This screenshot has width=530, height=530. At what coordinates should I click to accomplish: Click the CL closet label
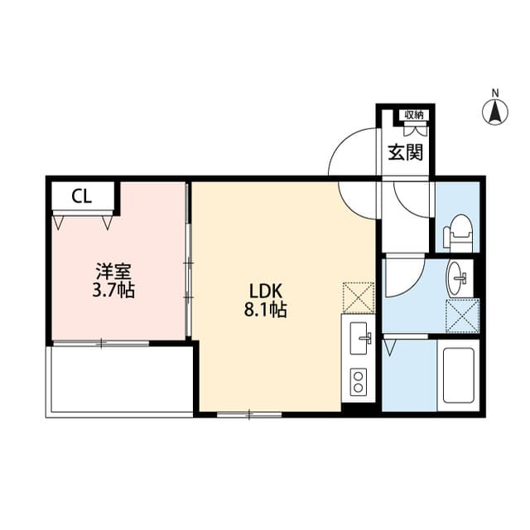click(x=82, y=196)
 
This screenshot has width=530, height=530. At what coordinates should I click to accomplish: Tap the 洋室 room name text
click(x=113, y=272)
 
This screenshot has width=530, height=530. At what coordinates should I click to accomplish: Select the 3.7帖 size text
click(x=113, y=290)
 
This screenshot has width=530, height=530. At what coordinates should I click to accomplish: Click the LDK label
click(x=265, y=291)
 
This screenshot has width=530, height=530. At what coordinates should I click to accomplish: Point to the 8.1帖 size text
click(x=265, y=309)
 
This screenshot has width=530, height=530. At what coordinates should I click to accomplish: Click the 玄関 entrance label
click(x=405, y=152)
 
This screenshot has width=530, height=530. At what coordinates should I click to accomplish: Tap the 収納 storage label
click(x=414, y=115)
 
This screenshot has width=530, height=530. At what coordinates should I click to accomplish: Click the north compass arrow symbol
click(x=495, y=112)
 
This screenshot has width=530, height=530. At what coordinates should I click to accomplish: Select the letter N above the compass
click(x=495, y=93)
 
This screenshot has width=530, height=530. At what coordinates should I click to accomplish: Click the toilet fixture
click(x=458, y=233)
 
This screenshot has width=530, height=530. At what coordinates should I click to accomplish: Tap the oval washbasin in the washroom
click(x=458, y=278)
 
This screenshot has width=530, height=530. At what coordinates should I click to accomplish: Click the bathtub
click(x=458, y=375)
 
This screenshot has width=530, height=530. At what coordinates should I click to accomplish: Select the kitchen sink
click(x=359, y=338)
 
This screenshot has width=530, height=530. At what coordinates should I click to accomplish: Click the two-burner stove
click(x=359, y=381)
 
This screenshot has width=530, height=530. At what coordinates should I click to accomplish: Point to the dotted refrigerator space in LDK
click(x=359, y=298)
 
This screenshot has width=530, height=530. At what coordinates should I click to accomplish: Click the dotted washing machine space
click(x=462, y=316)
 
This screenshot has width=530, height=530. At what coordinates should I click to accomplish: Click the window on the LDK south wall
click(x=249, y=414)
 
